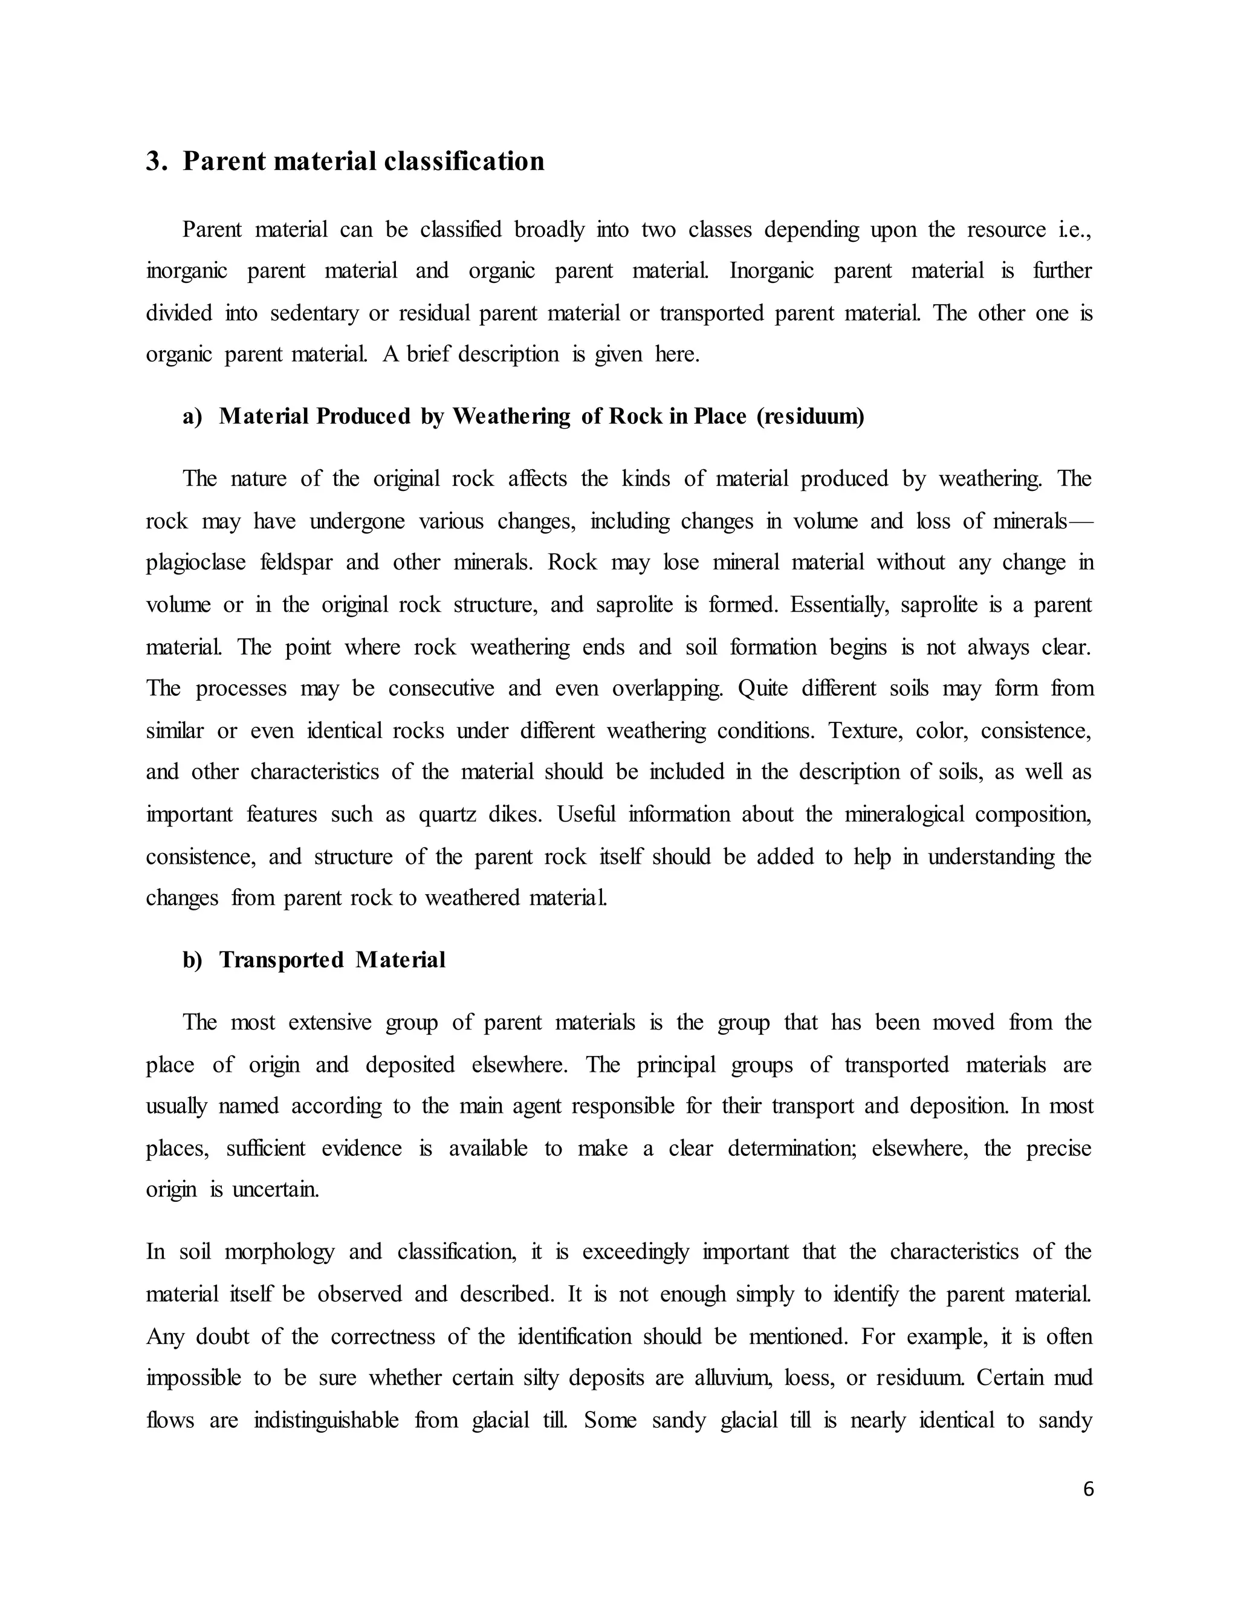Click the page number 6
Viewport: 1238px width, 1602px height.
tap(1087, 1489)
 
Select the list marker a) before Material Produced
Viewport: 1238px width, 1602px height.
tap(192, 417)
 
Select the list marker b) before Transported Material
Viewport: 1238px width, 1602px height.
tap(192, 960)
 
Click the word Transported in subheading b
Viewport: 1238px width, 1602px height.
tap(281, 960)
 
